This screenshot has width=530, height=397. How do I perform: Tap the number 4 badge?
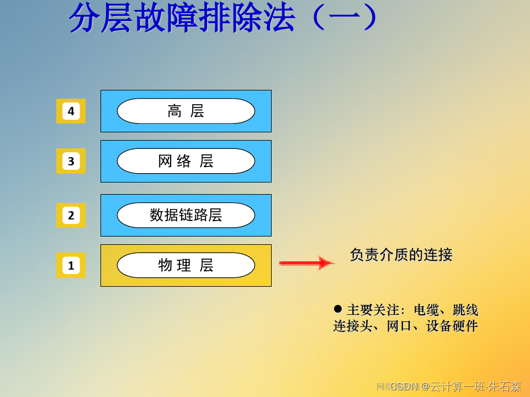pos(71,111)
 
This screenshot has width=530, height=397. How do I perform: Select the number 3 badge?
pos(71,161)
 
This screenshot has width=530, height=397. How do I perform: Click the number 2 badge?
pos(71,215)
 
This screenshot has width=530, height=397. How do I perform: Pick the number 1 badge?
pos(71,265)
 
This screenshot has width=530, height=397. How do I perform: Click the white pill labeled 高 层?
pos(185,111)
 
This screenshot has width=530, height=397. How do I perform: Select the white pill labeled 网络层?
pos(185,161)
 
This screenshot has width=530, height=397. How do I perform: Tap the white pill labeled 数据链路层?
pos(185,215)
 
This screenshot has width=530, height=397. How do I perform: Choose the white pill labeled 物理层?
pos(185,265)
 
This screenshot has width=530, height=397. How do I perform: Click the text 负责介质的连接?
pos(401,255)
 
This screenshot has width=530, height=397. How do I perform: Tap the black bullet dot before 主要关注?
pos(338,308)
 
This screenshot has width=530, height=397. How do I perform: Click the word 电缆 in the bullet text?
pos(427,310)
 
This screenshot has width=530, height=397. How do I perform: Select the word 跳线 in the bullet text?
pos(465,310)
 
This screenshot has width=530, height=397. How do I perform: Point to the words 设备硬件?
pos(452,326)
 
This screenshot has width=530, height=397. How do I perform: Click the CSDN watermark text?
pos(405,386)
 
